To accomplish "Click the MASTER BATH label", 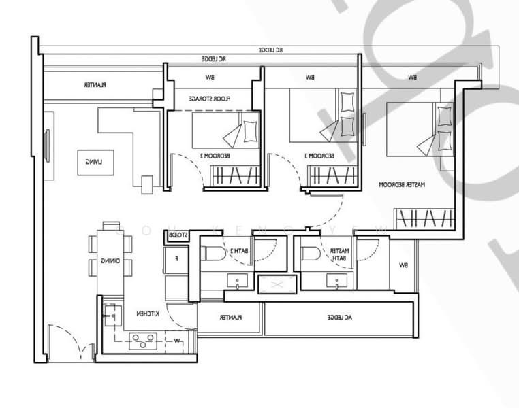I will [339, 254].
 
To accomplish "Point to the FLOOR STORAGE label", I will [210, 99].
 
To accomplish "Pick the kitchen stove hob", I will [142, 339].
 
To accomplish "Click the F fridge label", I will [177, 258].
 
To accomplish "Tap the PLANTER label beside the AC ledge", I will [230, 318].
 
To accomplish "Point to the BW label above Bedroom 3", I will [310, 78].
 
